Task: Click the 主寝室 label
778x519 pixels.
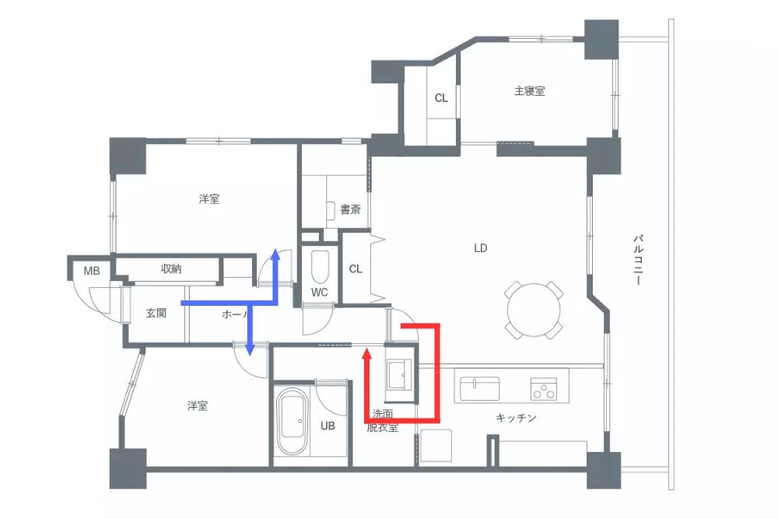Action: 529,91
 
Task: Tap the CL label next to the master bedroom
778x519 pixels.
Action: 441,98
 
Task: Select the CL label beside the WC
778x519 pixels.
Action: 356,269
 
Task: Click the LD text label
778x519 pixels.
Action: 480,248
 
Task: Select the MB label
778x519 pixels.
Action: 92,271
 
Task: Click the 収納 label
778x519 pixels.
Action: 172,268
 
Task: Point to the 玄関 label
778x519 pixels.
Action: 156,314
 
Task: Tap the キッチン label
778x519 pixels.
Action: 517,418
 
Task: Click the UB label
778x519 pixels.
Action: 328,426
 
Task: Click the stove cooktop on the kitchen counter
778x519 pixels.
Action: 544,387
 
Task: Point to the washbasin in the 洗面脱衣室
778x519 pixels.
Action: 401,376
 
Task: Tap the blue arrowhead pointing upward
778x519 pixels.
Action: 274,255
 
